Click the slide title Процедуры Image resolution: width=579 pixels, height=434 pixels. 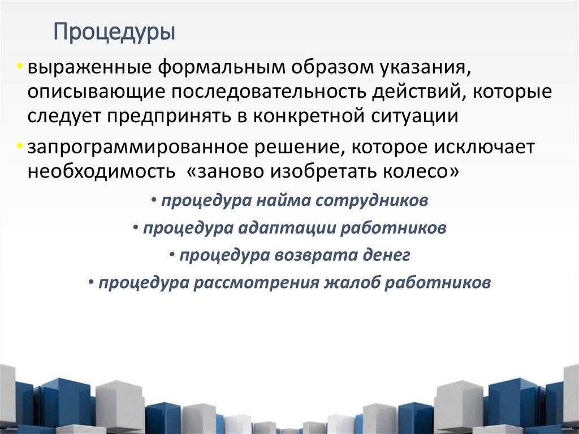[x=114, y=32]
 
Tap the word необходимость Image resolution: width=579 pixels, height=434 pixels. [x=102, y=171]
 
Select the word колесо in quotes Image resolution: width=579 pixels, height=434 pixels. [x=421, y=171]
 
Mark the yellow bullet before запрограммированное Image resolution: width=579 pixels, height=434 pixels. [x=20, y=147]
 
